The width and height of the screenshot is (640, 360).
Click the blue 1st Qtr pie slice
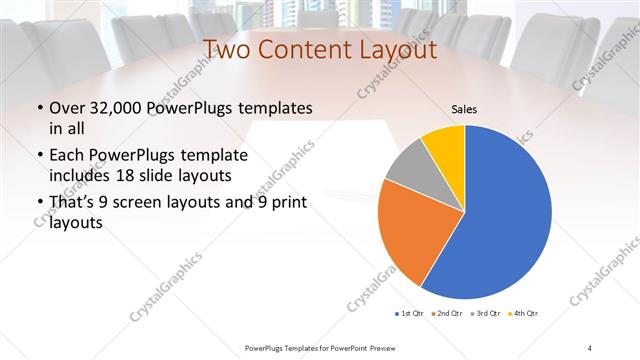500,220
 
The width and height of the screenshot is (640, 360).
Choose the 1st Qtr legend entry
410,314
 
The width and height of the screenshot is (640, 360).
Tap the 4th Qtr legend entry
526,314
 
